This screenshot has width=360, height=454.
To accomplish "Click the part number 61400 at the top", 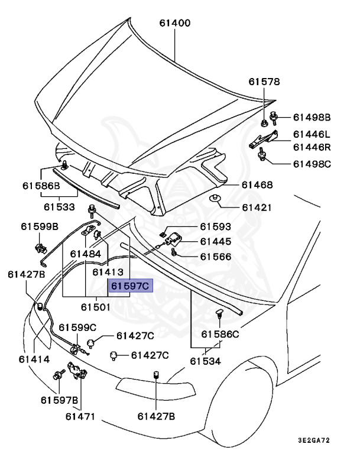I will click(x=174, y=24).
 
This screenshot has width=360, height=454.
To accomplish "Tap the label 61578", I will click(x=264, y=82).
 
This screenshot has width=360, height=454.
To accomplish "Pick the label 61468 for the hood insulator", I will click(x=257, y=185).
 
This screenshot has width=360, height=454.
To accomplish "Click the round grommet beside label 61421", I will click(x=216, y=199).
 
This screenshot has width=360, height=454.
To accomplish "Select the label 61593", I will click(x=215, y=226).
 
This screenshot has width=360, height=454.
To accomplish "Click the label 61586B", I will click(x=41, y=185).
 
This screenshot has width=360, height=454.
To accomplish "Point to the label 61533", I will click(x=59, y=207).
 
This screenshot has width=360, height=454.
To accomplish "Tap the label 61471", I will click(x=80, y=416).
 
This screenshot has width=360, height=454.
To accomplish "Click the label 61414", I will click(x=34, y=359).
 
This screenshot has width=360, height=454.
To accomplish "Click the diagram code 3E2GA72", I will click(x=322, y=441).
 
